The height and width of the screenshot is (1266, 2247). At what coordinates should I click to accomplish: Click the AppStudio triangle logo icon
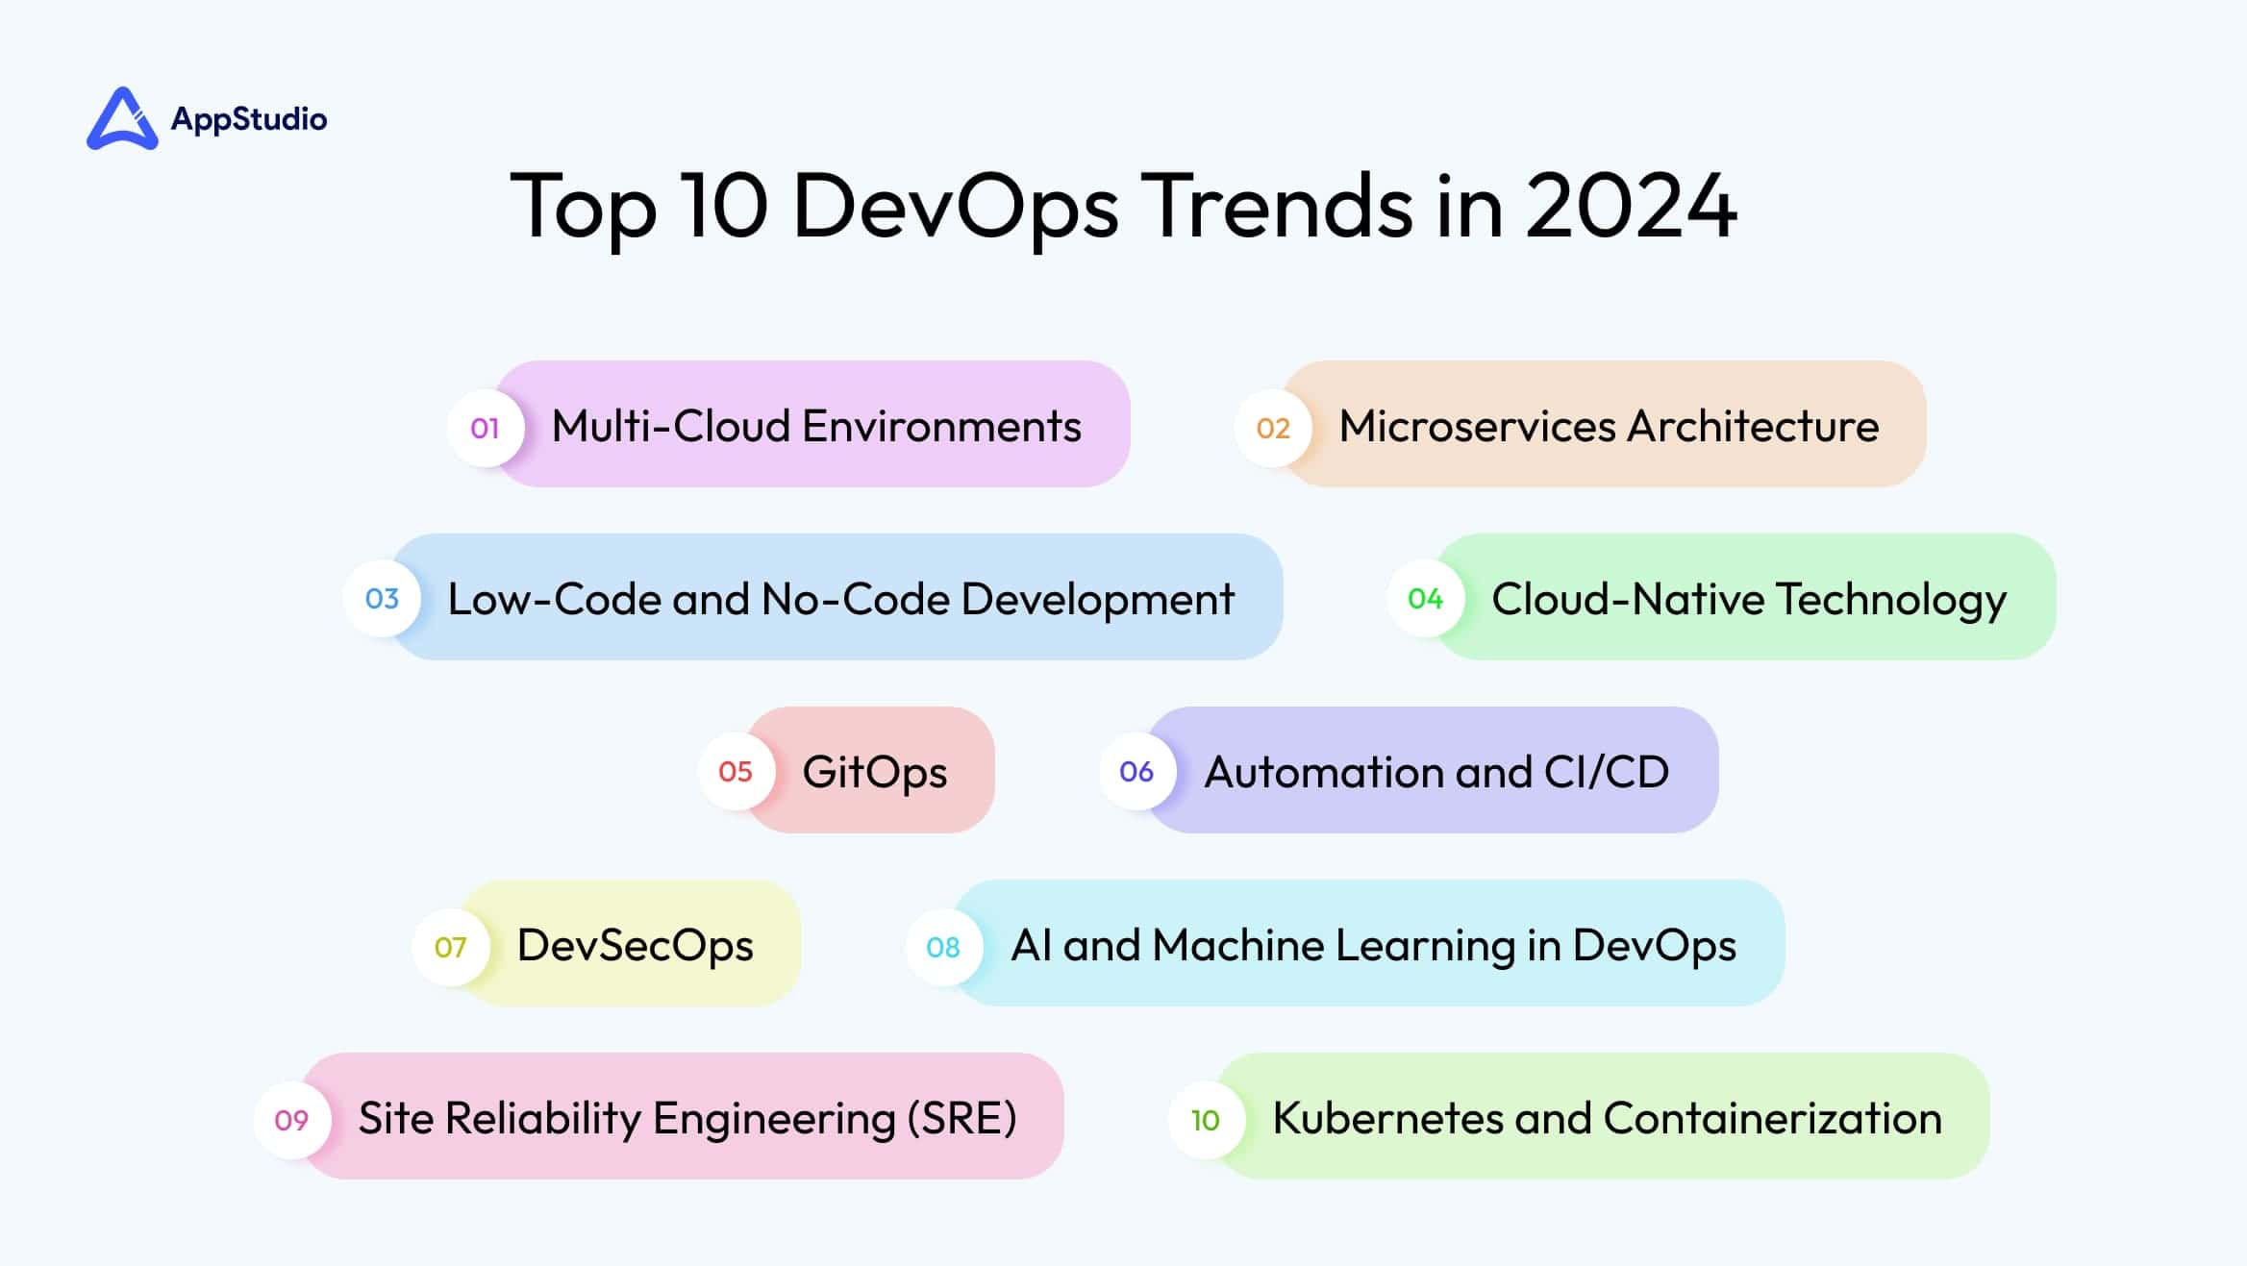coord(122,119)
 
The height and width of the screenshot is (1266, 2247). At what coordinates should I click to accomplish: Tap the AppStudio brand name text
coord(249,119)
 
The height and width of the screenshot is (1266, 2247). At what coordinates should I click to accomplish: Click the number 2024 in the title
coord(1631,205)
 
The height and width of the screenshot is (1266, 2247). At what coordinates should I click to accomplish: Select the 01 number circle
coord(486,428)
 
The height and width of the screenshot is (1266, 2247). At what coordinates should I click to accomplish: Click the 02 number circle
coord(1273,428)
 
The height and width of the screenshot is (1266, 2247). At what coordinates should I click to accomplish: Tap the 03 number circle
coord(382,599)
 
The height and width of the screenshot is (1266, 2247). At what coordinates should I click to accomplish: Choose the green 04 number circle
coord(1425,599)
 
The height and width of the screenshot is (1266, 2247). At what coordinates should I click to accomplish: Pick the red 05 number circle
coord(736,771)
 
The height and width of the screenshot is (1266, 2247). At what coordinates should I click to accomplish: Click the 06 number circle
coord(1136,771)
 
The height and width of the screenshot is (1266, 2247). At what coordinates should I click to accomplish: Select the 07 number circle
coord(450,947)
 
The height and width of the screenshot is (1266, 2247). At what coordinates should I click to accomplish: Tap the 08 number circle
coord(943,947)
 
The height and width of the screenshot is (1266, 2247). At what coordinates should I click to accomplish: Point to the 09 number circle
coord(291,1120)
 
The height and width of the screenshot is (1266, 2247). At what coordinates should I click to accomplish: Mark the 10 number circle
coord(1206,1120)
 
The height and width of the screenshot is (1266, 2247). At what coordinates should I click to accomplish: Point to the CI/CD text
coord(1607,772)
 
